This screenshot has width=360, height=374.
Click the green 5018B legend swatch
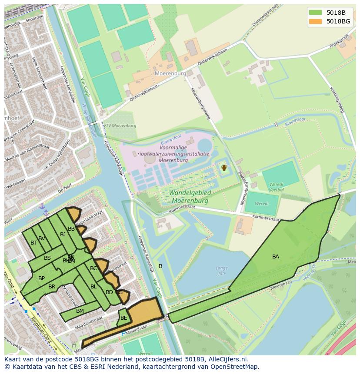316,12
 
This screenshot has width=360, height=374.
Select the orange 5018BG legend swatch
316,21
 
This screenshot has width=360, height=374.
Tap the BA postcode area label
276,257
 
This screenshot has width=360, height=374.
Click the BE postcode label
124,318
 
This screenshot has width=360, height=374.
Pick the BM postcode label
80,311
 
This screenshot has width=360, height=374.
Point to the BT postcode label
33,243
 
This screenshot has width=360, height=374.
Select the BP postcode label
41,278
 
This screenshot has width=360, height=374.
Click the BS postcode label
47,258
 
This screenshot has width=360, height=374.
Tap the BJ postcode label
63,235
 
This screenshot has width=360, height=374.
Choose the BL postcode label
93,287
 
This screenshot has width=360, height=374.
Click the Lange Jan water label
222,271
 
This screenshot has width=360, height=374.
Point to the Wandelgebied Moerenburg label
190,197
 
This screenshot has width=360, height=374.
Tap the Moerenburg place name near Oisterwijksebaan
170,73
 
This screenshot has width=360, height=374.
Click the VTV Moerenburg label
120,126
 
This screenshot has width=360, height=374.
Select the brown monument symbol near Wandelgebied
224,167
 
